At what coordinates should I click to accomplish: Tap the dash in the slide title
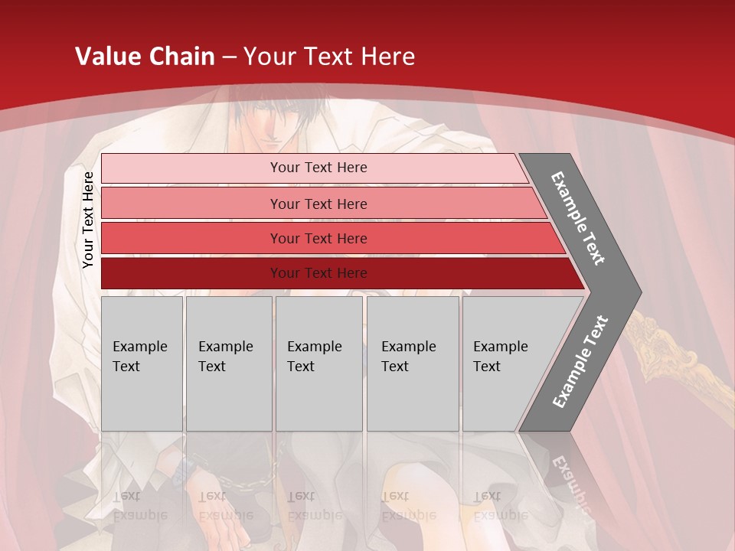coord(229,57)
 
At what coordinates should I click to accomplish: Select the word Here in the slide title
coord(387,57)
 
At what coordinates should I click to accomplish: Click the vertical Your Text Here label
coord(88,220)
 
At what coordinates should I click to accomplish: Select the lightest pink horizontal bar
coord(314,168)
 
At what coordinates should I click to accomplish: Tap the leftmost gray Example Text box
coord(142,364)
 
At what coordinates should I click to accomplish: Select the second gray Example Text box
coord(229,364)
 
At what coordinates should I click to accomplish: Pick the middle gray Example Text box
coord(318,364)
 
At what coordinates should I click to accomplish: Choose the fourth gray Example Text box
coord(413,364)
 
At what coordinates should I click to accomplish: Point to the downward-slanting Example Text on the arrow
coord(578,218)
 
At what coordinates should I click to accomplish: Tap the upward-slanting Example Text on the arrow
coord(580,362)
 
